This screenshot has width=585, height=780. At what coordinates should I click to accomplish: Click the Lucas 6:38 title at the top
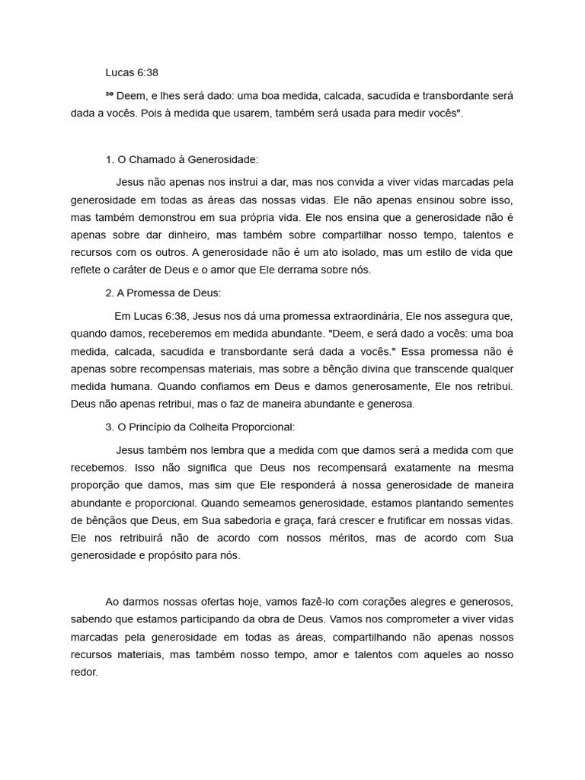[133, 73]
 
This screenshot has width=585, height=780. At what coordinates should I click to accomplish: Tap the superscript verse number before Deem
[109, 94]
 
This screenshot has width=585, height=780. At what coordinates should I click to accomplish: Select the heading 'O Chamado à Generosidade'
[182, 160]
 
